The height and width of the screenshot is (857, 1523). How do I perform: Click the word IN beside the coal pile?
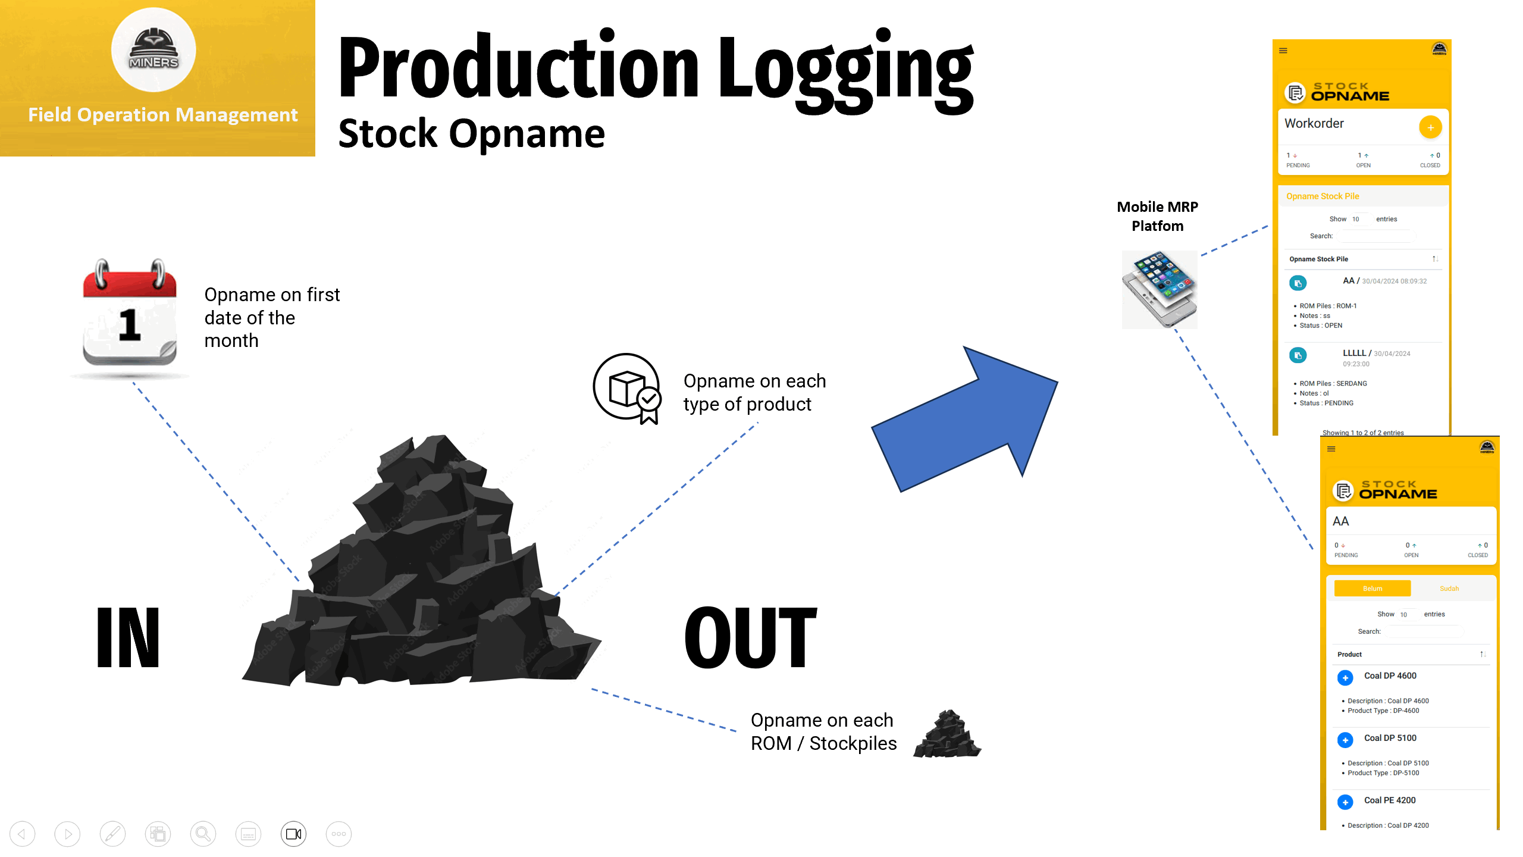point(128,637)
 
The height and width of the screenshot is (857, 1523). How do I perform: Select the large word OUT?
point(751,637)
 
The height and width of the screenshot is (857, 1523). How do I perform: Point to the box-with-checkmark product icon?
point(627,388)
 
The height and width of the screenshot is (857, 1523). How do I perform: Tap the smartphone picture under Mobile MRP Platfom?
point(1159,289)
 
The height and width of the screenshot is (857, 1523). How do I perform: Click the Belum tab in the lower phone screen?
point(1372,589)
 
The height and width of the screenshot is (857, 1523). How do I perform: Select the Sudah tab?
point(1449,589)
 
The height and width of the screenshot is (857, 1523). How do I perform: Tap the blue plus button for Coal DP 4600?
point(1345,678)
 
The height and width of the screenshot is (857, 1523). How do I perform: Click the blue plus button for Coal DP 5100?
point(1345,740)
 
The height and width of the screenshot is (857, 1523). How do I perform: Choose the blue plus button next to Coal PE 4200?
point(1345,802)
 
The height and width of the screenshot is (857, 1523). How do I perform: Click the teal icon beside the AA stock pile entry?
point(1298,283)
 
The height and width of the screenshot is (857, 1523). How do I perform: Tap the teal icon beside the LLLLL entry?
point(1298,356)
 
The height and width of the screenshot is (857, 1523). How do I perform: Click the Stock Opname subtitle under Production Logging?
point(471,133)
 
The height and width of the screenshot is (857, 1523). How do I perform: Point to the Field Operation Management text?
point(162,114)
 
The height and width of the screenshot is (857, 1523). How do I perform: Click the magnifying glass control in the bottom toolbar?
point(203,834)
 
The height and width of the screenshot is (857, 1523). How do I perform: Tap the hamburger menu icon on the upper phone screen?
point(1283,51)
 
